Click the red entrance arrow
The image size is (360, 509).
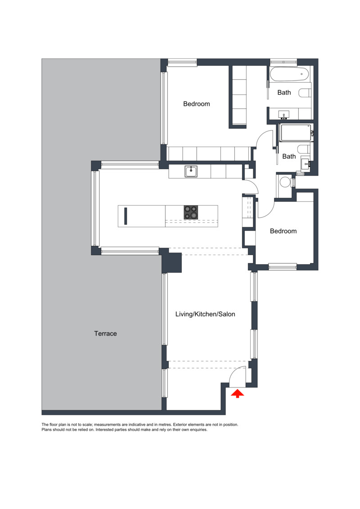click(x=238, y=394)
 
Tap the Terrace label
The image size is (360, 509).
click(x=105, y=333)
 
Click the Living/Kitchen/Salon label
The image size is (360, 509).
click(x=205, y=314)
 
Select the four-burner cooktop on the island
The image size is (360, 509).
click(x=190, y=212)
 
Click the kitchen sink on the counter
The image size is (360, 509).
click(x=191, y=171)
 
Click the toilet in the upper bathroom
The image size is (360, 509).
click(x=305, y=93)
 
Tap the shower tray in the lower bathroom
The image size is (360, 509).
click(x=295, y=133)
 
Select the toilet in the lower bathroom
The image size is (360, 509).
click(x=305, y=150)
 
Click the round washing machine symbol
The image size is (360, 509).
click(x=285, y=182)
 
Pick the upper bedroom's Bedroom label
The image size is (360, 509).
click(x=196, y=104)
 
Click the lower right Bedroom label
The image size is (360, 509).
click(x=283, y=231)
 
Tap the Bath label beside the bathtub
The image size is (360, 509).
click(x=284, y=93)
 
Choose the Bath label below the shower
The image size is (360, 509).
click(x=289, y=157)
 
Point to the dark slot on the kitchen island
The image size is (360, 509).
click(x=126, y=216)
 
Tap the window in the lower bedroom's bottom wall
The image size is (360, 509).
click(x=283, y=267)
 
